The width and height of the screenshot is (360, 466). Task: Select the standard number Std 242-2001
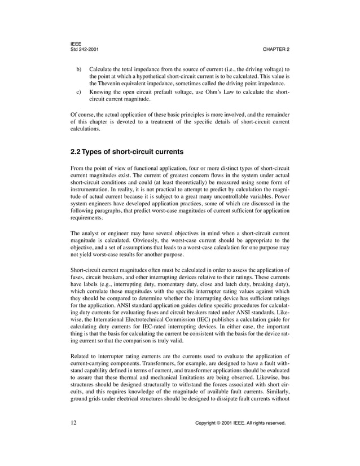pyautogui.click(x=85, y=50)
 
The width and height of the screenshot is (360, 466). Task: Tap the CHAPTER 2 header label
pyautogui.click(x=276, y=50)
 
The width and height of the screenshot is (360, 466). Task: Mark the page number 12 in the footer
pyautogui.click(x=74, y=438)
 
